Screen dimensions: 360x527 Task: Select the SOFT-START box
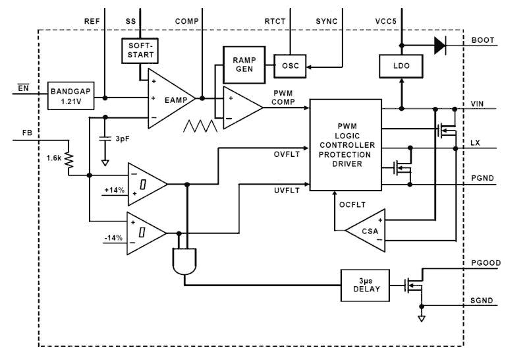tap(140, 51)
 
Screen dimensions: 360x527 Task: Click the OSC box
tap(291, 65)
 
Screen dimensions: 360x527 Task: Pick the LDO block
tap(400, 67)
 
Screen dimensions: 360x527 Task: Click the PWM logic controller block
tap(345, 145)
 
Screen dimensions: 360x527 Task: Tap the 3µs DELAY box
tap(365, 284)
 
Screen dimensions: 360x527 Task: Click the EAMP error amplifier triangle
tap(169, 98)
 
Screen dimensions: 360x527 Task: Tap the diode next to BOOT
tap(438, 45)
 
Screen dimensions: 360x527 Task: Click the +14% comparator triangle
tap(146, 184)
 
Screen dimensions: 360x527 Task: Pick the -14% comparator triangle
tap(146, 233)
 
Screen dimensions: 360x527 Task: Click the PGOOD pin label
tap(487, 263)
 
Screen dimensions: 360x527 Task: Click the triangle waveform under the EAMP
tap(200, 125)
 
